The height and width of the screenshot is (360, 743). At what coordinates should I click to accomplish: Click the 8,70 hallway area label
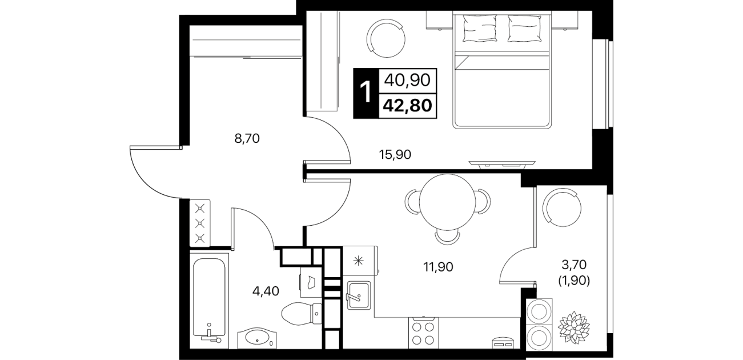pos(247,138)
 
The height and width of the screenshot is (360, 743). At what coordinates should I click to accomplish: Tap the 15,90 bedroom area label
pos(395,154)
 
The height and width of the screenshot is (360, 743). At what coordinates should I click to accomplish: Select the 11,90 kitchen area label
pos(438,266)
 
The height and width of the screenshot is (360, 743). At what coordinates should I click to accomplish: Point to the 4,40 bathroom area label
pos(266,291)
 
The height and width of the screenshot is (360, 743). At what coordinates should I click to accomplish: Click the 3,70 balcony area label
pos(574,265)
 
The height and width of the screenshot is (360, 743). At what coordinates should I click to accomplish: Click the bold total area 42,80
pos(407,106)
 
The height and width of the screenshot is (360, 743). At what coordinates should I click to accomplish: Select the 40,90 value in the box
pos(407,80)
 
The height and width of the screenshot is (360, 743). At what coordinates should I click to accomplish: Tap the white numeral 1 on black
pos(366,93)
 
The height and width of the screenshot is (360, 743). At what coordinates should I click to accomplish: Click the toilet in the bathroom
pos(301,313)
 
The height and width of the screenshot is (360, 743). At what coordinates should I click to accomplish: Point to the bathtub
pos(209,298)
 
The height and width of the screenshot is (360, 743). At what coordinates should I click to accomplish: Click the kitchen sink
pos(359,295)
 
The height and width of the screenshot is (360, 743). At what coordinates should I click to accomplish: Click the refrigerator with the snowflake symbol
pos(360,261)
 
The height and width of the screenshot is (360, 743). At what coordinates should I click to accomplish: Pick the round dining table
pos(448,202)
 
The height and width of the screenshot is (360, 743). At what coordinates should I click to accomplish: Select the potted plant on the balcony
pos(573,327)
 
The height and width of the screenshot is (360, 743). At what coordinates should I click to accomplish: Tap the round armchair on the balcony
pos(561,207)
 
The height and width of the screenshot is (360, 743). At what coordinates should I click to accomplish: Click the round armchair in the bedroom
pos(385,38)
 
